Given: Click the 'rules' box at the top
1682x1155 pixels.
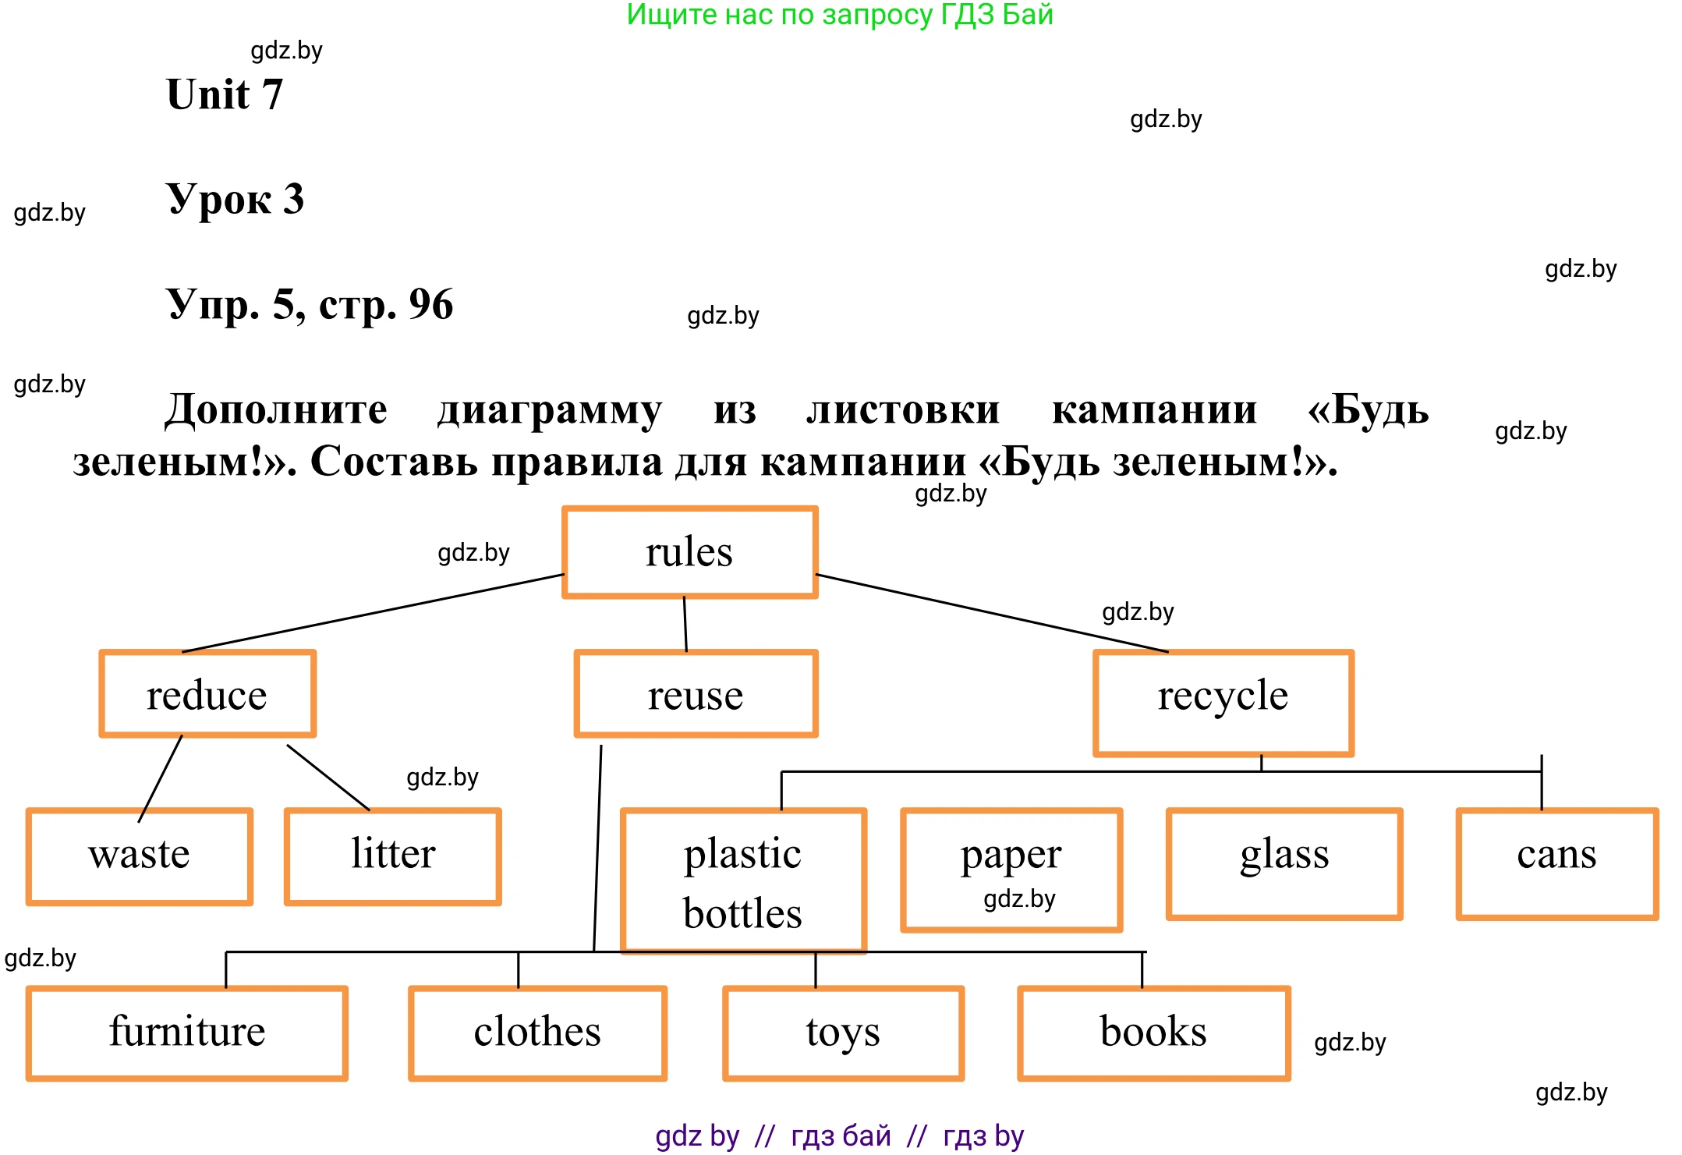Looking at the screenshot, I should pos(689,552).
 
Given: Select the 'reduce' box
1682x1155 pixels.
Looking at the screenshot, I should pos(207,694).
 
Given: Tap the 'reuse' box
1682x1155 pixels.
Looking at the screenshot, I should pos(696,694).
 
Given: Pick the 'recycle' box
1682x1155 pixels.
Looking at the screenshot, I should pos(1223,702).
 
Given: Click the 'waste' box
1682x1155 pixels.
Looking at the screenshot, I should pos(139,856).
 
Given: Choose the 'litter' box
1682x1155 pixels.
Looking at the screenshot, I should pos(393,856).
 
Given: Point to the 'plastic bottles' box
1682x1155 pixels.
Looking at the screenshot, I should pos(742,881).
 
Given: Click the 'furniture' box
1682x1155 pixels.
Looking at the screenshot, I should pos(187,1033).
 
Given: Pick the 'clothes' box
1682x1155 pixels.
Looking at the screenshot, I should pos(537,1033).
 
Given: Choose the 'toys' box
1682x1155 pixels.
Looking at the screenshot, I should pos(843,1033).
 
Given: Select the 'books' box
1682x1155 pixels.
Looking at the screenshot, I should pos(1153,1033).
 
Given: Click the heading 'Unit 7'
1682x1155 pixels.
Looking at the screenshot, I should pos(225,94).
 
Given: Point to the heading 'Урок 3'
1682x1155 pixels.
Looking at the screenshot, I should pos(235,199).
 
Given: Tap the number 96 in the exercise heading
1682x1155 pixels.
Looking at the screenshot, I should pos(430,304).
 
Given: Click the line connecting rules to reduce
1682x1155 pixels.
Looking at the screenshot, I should pos(373,613).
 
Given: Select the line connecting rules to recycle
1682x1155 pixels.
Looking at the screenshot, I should pos(992,613).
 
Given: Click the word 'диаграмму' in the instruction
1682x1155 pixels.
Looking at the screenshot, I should pos(550,409).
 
